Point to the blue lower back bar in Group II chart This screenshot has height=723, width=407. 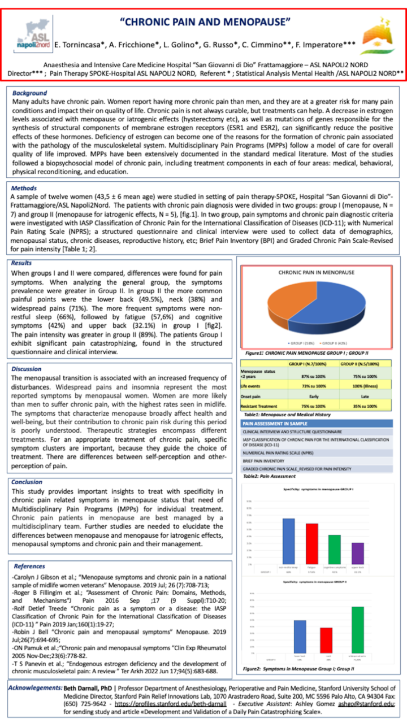pos(300,637)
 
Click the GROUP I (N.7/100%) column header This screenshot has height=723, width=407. pos(309,365)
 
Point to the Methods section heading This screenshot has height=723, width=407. pos(24,189)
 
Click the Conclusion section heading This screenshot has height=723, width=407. pos(28,482)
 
